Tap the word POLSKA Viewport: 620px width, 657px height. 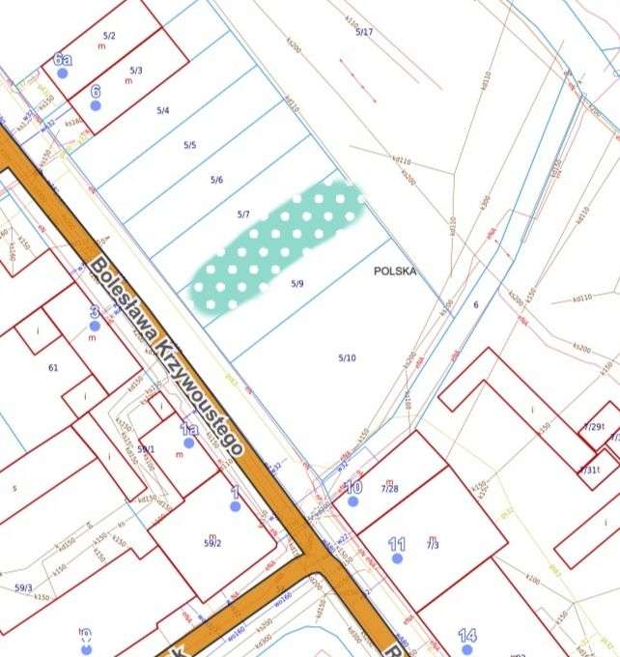pos(394,271)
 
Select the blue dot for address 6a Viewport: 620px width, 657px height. pos(62,72)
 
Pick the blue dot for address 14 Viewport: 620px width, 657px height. pos(467,649)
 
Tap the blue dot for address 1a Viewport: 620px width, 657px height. pos(189,443)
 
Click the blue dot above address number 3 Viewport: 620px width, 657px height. pos(94,326)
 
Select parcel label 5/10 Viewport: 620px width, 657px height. pos(347,358)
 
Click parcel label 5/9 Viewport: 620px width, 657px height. pos(297,284)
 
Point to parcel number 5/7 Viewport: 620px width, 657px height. pos(243,213)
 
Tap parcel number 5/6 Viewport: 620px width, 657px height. pos(216,181)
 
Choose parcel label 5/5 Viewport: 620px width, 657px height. pos(190,145)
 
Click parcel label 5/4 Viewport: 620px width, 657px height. pos(163,111)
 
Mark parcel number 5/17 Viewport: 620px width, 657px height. pos(364,32)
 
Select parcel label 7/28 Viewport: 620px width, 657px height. pos(389,489)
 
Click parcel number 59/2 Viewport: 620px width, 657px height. pos(211,543)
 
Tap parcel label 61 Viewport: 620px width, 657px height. pos(53,367)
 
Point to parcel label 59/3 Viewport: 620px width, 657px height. pos(23,587)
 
